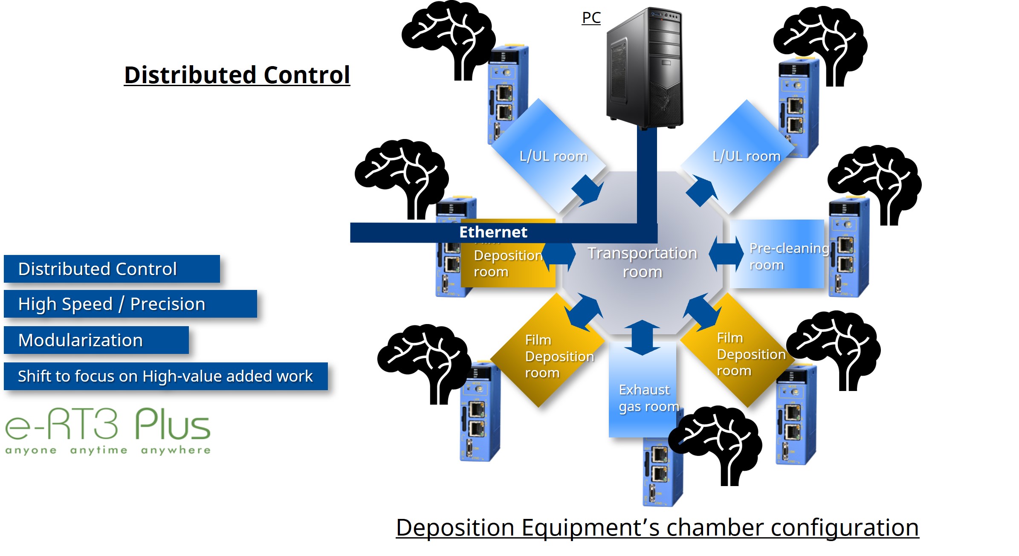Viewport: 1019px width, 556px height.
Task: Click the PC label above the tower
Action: point(591,18)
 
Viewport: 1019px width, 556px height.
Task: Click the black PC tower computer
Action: point(645,68)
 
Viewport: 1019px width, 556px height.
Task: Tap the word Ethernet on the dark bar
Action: point(493,232)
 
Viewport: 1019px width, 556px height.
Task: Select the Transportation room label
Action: point(642,262)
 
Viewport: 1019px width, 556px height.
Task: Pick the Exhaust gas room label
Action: point(648,398)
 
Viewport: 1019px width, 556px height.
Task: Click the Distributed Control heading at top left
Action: point(237,75)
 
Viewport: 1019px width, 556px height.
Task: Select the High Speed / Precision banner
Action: point(130,304)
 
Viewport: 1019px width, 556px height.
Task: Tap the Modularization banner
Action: point(96,340)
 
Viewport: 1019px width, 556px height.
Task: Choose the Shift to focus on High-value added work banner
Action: point(165,376)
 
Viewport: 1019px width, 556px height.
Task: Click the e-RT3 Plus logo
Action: point(108,424)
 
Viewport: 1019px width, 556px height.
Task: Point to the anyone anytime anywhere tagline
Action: point(108,450)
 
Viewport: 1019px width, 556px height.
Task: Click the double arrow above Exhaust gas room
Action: point(642,338)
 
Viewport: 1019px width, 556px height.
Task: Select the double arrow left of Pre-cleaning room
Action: point(726,253)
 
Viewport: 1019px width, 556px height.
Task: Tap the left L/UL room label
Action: point(553,156)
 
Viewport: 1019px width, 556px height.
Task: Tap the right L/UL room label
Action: point(746,156)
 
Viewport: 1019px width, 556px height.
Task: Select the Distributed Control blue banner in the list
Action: point(112,269)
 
